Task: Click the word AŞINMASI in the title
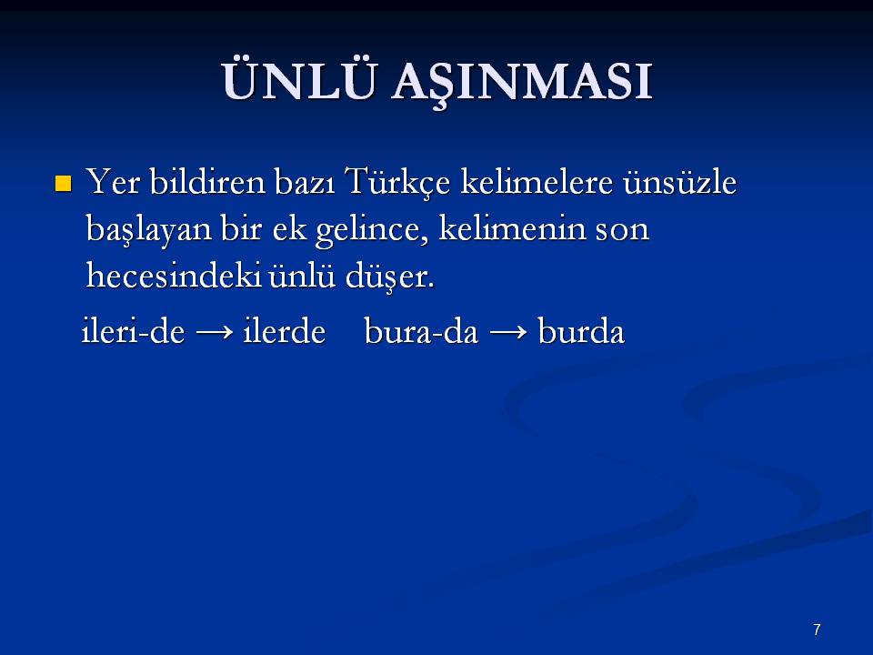tap(522, 83)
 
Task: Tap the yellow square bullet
tap(64, 183)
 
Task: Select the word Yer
tap(113, 182)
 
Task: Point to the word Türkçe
tap(397, 183)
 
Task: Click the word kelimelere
tap(537, 182)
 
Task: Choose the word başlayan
tap(148, 229)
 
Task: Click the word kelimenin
tap(512, 227)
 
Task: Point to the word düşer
tap(389, 277)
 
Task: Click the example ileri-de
tap(133, 331)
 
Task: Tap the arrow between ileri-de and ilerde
tap(215, 333)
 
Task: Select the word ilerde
tap(284, 331)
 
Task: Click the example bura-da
tap(421, 331)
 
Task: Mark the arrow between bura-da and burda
tap(508, 333)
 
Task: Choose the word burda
tap(581, 331)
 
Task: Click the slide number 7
tap(817, 630)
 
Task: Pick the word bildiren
tap(207, 182)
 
